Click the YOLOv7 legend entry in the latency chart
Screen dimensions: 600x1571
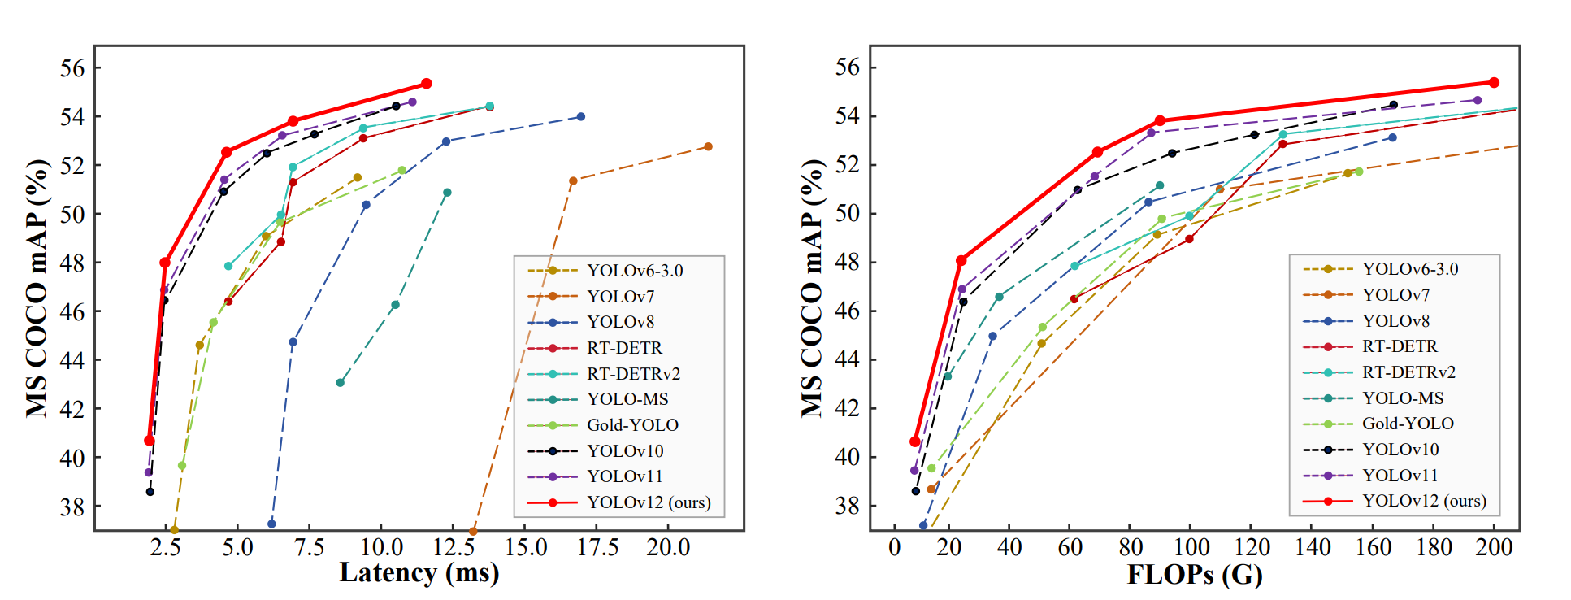[620, 297]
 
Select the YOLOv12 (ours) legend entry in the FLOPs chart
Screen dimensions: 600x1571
[1424, 501]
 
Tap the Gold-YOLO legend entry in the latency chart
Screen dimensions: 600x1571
[632, 425]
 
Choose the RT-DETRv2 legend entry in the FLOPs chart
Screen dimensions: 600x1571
[1408, 372]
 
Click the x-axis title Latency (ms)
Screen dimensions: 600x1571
[419, 573]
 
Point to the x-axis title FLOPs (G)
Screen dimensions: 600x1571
[1195, 575]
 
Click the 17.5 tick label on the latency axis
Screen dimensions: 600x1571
[597, 547]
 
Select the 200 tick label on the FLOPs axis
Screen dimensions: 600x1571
[1494, 547]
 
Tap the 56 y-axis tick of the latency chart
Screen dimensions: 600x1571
[72, 68]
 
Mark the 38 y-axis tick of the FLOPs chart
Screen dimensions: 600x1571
[848, 506]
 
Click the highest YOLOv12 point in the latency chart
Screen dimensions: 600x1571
[426, 84]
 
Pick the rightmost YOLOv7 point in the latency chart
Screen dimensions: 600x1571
[708, 146]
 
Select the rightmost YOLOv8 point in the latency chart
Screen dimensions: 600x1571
[580, 117]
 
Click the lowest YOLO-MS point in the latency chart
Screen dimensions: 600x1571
[340, 383]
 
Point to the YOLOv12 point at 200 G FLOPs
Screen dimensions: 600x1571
[1494, 83]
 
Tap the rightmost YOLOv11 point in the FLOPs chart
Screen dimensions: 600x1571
[1477, 101]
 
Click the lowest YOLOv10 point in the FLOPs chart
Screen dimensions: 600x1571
[916, 491]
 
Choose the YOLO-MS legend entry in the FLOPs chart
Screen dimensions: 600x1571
[1403, 398]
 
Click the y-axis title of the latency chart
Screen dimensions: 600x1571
[37, 288]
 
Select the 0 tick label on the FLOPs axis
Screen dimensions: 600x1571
[894, 547]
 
